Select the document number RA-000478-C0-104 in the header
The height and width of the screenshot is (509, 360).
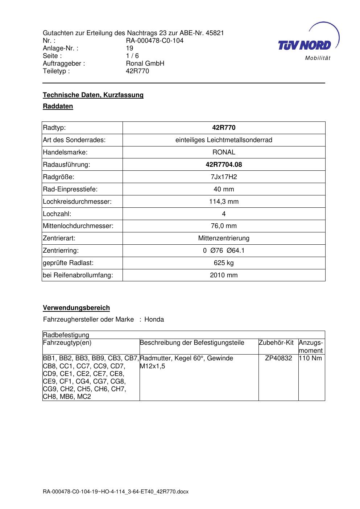[x=154, y=41]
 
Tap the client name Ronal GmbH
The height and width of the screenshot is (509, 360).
[x=145, y=63]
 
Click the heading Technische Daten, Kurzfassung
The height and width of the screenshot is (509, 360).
[x=93, y=95]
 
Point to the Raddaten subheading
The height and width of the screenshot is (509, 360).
[x=58, y=106]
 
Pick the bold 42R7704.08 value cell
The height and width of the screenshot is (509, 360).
[x=224, y=165]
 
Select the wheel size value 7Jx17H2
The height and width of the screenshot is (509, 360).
[x=224, y=177]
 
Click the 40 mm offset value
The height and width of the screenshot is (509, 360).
[x=224, y=189]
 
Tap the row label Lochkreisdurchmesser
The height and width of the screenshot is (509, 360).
[x=77, y=202]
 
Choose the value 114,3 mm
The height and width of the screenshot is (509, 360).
[x=224, y=202]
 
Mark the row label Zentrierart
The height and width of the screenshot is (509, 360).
[x=59, y=238]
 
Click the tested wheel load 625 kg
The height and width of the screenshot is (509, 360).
[x=224, y=263]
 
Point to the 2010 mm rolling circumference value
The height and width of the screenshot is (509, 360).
[x=224, y=275]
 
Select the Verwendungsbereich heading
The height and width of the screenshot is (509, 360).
[x=76, y=308]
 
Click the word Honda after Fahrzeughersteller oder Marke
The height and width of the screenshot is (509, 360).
[x=154, y=319]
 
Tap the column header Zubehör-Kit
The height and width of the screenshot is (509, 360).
[x=276, y=343]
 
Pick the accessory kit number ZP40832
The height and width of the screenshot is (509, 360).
[x=278, y=358]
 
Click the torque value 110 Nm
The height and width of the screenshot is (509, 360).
[x=310, y=358]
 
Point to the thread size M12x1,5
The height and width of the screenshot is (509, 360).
[x=153, y=366]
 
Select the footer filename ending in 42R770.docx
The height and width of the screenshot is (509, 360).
[x=116, y=492]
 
